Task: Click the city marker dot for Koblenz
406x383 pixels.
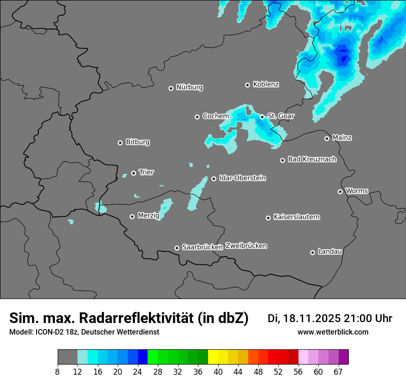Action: (247, 85)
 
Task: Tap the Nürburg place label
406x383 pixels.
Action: (189, 87)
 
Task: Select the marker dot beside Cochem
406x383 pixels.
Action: (197, 117)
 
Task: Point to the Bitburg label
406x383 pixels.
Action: (137, 142)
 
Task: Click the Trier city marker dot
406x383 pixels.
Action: (134, 173)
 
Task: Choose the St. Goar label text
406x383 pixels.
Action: (281, 116)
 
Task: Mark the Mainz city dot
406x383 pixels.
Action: (327, 138)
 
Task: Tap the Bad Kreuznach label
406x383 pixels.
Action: (312, 160)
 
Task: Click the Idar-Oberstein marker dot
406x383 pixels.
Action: (214, 179)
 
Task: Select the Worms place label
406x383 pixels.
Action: (357, 191)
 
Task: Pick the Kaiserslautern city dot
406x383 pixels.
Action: (268, 218)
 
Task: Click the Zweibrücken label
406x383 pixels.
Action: (246, 246)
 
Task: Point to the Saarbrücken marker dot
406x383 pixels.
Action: (177, 248)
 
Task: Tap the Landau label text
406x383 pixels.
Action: (330, 252)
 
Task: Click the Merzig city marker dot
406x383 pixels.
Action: (132, 216)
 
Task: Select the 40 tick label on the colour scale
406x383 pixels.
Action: (218, 372)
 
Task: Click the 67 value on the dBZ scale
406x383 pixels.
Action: (338, 372)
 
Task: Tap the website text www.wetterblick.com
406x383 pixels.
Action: (333, 332)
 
